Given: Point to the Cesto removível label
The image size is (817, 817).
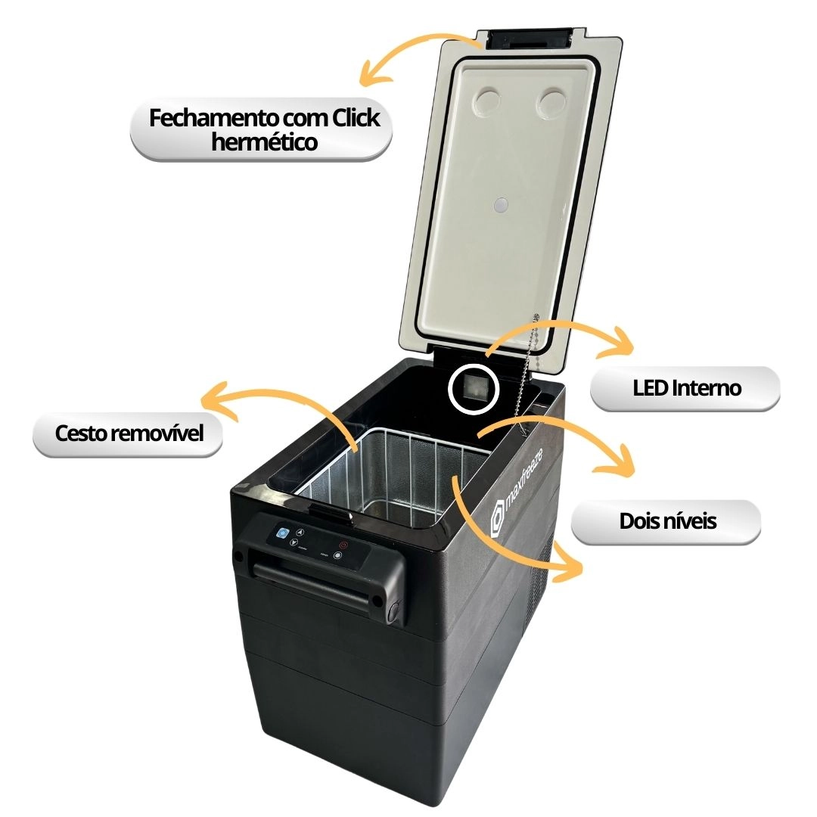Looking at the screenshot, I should (x=129, y=434).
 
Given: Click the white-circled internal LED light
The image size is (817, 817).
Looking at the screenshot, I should (x=473, y=389).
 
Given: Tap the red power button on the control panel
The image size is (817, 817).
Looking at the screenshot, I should (x=343, y=545).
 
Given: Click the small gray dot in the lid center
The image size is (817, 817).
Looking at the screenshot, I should (x=502, y=205).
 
